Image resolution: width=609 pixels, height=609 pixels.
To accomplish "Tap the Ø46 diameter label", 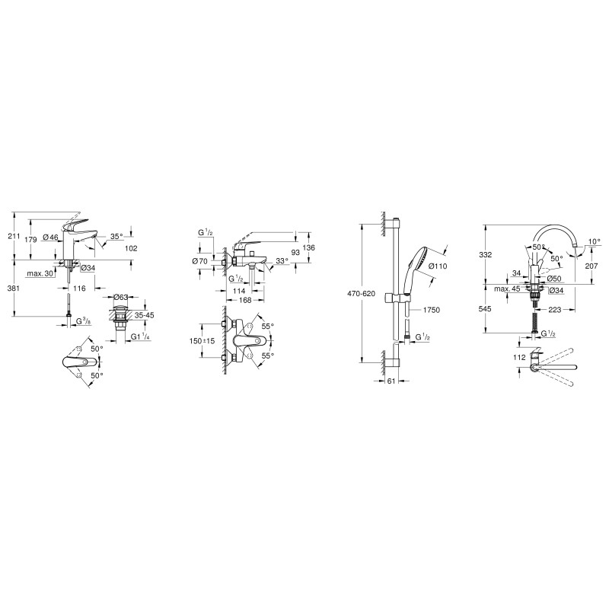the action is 50,237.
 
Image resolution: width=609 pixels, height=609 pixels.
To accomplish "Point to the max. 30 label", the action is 40,273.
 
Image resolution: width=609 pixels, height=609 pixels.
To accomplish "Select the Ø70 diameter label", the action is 199,261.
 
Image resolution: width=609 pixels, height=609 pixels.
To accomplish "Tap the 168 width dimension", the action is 245,300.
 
